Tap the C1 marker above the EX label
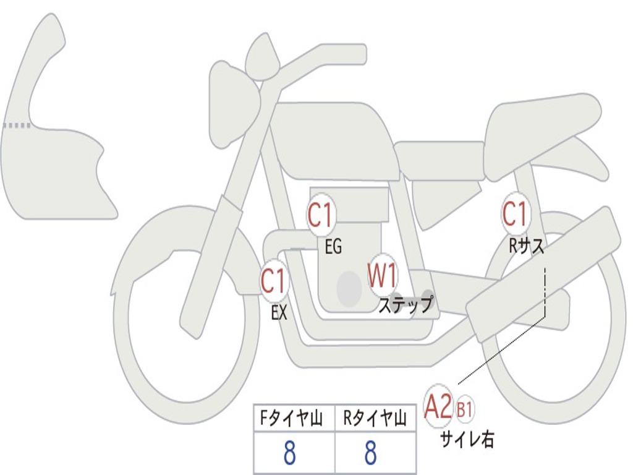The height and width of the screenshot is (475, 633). click(x=273, y=282)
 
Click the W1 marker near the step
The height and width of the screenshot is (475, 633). click(x=383, y=275)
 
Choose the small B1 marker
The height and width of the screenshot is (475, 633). click(x=465, y=409)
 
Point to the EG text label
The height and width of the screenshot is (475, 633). click(x=333, y=247)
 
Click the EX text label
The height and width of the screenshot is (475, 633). click(x=279, y=313)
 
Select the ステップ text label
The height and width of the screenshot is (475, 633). click(x=406, y=305)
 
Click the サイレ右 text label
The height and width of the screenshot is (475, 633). click(x=467, y=439)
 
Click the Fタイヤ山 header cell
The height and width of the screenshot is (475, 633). click(x=293, y=419)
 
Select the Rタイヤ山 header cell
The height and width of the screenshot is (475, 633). click(x=375, y=419)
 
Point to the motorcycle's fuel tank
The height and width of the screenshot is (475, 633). click(x=334, y=139)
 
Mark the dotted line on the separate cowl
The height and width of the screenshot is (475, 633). click(x=17, y=126)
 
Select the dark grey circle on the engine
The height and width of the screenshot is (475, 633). click(x=349, y=288)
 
